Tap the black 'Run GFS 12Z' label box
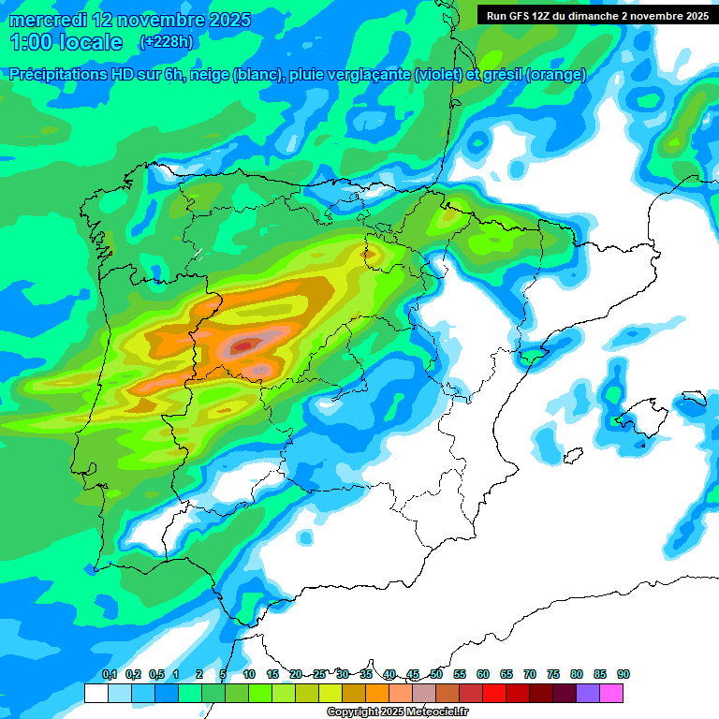pos(596,15)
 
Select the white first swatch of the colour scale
pos(95,693)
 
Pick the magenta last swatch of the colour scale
pos(611,693)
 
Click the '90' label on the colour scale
pos(624,674)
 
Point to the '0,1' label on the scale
pos(110,674)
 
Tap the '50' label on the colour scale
pos(436,674)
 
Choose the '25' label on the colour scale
pos(319,674)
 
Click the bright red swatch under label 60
pos(494,693)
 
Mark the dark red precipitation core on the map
pos(242,346)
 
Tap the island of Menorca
pos(694,399)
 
